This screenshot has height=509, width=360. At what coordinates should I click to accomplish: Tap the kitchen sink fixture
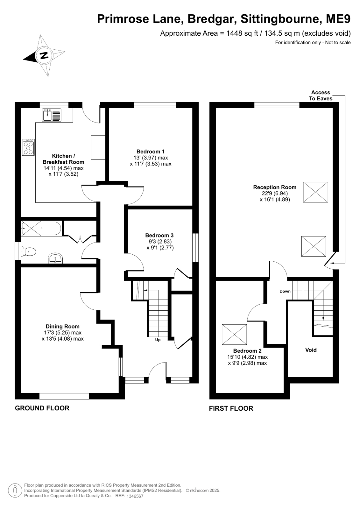pos(52,115)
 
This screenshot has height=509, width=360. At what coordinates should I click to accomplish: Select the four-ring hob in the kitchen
pos(28,147)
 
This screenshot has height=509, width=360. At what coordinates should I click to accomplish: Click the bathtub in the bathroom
pos(41,228)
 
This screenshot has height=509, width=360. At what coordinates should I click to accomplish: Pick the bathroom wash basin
pos(55,258)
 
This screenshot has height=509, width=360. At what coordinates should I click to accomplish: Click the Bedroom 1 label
pos(151,152)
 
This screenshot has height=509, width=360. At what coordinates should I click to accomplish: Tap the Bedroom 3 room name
pos(159,236)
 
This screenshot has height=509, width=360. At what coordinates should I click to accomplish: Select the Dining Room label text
pos(62,327)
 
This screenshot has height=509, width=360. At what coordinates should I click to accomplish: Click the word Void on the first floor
pos(311,350)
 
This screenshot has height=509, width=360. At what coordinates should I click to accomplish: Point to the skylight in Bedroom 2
pos(234,334)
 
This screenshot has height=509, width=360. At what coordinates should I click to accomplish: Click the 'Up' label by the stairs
pos(158,340)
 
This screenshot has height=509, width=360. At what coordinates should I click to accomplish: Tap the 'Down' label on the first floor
pos(285,291)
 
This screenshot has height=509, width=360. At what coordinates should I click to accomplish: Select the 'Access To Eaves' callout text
pos(321,95)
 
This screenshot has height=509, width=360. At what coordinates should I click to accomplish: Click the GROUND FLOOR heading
pos(42,408)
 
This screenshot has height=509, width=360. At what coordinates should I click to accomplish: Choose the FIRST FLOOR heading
pos(231,408)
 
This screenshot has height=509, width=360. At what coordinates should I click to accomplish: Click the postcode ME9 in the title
pos(338,19)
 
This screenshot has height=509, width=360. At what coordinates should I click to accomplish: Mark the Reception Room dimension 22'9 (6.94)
pos(275,193)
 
